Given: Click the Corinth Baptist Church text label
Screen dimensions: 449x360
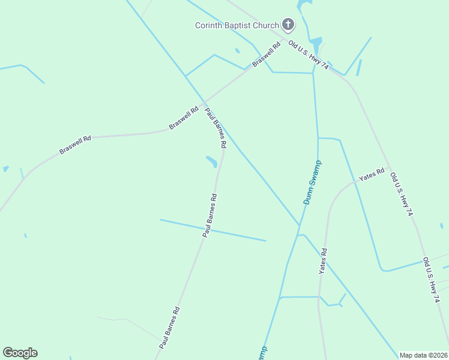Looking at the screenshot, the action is [237, 25].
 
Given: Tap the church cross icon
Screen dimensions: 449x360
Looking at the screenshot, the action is [288, 25].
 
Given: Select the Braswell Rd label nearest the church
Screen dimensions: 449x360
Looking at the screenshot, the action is [267, 55].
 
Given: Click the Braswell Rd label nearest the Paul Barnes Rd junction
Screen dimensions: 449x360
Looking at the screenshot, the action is [184, 118].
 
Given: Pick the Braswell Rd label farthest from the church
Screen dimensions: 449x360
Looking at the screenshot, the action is [75, 145].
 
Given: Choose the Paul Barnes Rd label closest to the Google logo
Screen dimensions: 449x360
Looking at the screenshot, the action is [170, 328].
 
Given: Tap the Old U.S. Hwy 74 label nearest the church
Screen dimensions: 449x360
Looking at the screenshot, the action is [309, 54].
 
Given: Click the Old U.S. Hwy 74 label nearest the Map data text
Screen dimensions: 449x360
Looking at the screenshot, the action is [430, 280].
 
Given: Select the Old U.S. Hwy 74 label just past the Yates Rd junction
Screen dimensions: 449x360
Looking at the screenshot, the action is [402, 194].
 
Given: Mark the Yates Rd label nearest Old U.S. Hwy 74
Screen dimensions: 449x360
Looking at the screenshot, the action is [371, 175].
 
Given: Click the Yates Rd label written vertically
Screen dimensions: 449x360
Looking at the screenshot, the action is [323, 262].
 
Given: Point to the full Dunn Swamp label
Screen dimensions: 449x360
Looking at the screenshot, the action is [313, 182].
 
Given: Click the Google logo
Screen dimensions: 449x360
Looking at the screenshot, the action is [20, 353].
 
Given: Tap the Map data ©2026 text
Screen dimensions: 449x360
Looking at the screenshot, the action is [423, 355].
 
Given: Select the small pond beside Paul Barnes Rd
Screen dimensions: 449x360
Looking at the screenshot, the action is [211, 161].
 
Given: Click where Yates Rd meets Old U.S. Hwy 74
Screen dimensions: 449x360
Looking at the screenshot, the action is [388, 167].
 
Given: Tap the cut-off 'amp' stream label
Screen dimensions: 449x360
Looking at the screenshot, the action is [262, 352].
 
